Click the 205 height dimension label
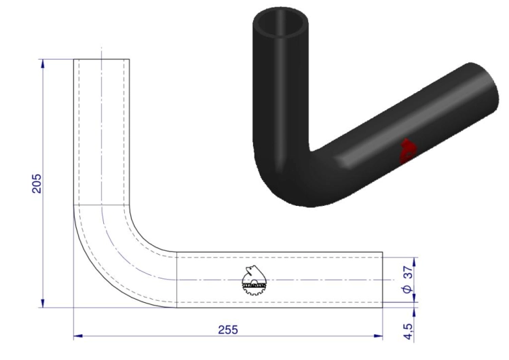pyautogui.click(x=37, y=183)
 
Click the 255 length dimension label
pyautogui.click(x=228, y=329)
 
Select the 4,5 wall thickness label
pyautogui.click(x=409, y=331)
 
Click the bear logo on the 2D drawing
pyautogui.click(x=254, y=280)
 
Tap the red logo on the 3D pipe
pyautogui.click(x=407, y=150)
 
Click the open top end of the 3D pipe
pyautogui.click(x=280, y=22)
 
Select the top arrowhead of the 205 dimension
pyautogui.click(x=43, y=64)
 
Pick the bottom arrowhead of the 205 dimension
pyautogui.click(x=43, y=303)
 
